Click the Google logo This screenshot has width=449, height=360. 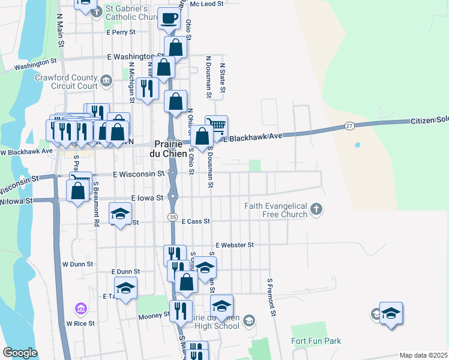[20, 353]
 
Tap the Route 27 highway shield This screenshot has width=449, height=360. [349, 126]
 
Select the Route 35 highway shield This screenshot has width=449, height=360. [172, 216]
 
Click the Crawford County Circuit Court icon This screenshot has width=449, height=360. [106, 80]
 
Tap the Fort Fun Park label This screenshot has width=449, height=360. [316, 341]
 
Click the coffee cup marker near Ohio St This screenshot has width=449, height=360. [168, 18]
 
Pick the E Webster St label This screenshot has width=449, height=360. [235, 245]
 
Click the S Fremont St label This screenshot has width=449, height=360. [271, 296]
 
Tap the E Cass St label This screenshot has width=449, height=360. [195, 221]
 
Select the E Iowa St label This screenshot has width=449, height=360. [147, 197]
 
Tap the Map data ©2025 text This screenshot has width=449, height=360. [424, 355]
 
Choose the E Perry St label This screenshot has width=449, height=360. [122, 32]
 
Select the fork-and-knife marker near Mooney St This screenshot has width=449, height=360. [179, 311]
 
